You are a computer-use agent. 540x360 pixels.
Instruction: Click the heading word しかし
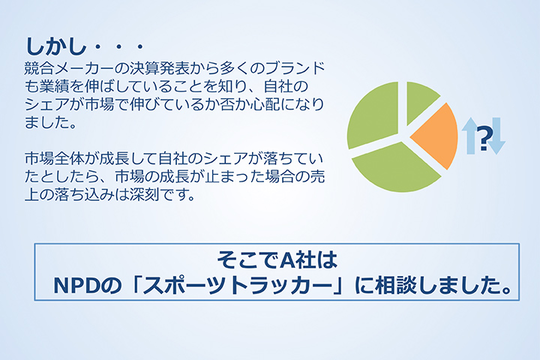point(55,46)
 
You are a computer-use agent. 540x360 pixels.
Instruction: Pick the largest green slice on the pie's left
point(372,114)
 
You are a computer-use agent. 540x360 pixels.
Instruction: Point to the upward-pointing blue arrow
point(469,136)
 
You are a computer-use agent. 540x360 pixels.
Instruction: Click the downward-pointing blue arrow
point(496,136)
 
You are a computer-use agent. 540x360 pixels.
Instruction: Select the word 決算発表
point(160,68)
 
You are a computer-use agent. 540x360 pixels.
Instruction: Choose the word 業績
point(54,86)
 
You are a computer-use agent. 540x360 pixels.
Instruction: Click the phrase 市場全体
point(54,158)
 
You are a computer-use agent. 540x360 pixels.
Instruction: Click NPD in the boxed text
point(78,286)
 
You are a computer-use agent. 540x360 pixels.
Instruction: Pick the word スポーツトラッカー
point(238,286)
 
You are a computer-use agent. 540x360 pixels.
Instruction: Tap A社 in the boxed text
point(298,260)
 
